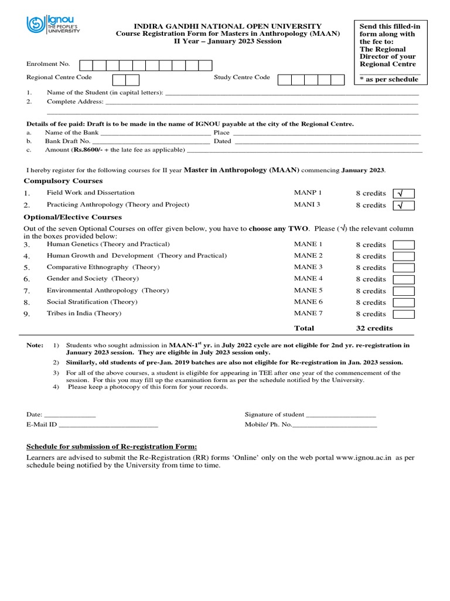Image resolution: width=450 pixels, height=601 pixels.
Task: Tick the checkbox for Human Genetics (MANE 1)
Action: click(403, 245)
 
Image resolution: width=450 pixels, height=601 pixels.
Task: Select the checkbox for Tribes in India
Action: click(403, 314)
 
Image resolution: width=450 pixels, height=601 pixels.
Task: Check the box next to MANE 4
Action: click(403, 279)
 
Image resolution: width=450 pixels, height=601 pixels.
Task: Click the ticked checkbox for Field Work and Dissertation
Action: click(403, 193)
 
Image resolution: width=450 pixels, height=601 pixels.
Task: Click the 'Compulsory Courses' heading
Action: click(63, 181)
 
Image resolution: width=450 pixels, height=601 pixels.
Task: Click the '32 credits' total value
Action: click(374, 328)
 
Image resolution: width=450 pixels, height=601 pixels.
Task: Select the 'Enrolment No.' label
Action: click(48, 64)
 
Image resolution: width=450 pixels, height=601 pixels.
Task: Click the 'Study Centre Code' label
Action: click(242, 77)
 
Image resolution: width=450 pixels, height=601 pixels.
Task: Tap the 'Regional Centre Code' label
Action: click(59, 77)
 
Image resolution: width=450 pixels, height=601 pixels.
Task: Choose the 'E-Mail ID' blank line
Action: click(108, 424)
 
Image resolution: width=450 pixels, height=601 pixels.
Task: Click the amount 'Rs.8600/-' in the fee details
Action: click(88, 150)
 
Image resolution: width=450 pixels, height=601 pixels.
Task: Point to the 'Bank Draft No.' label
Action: click(68, 141)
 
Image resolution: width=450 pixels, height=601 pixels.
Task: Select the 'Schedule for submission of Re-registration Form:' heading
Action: click(112, 447)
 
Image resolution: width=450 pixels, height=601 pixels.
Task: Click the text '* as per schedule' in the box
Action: click(388, 79)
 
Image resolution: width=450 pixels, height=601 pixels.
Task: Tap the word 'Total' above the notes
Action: click(304, 328)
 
